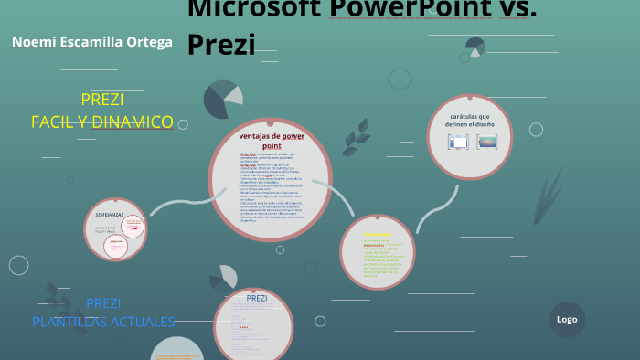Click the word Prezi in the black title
tap(220, 43)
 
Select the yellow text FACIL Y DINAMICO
tap(102, 122)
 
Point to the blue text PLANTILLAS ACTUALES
tap(103, 322)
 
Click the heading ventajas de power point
tap(272, 140)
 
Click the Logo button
tap(567, 319)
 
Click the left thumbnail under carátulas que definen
tap(458, 142)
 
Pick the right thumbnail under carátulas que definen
tap(487, 142)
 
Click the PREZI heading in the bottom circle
tap(257, 298)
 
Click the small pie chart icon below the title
tap(475, 46)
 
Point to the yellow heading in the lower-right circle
tap(376, 234)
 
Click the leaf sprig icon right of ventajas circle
tap(356, 136)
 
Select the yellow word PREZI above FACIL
tap(102, 100)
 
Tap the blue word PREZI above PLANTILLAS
tap(103, 303)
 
